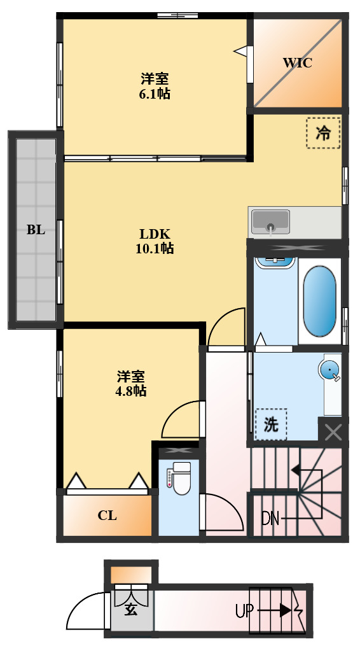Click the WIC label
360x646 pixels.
tap(297, 63)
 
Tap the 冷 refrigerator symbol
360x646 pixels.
tap(323, 133)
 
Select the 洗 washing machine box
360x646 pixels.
tap(271, 425)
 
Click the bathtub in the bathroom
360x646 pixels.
tap(319, 300)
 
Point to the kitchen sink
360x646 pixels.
tap(270, 222)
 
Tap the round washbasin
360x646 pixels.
tap(329, 370)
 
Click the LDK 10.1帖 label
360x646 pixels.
tap(155, 241)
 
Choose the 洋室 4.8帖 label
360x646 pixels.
tap(130, 383)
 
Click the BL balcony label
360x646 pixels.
tap(36, 230)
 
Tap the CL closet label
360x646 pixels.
tap(107, 516)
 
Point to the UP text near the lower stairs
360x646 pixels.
tap(245, 612)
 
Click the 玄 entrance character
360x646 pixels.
tap(130, 610)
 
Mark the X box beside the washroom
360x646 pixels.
tap(333, 432)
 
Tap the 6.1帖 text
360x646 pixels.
tap(155, 94)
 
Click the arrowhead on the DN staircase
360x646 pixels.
tap(296, 470)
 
